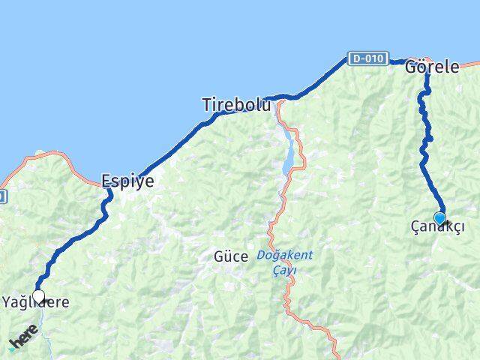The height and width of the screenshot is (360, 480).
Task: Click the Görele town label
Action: (431, 67)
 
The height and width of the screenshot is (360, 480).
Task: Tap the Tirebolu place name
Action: (236, 106)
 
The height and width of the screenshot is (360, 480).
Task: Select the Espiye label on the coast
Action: (127, 181)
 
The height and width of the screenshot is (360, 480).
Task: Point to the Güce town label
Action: (230, 256)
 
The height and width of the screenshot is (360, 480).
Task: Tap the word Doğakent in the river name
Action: (284, 255)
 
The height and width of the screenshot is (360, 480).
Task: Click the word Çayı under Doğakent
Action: (284, 269)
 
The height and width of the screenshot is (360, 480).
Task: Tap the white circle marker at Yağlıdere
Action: (38, 296)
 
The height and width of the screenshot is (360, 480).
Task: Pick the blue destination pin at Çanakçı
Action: (439, 218)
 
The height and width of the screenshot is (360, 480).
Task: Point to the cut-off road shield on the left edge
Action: (2, 196)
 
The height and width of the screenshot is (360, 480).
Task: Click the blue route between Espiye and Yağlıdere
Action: (75, 236)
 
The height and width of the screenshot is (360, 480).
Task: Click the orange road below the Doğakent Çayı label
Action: (288, 300)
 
